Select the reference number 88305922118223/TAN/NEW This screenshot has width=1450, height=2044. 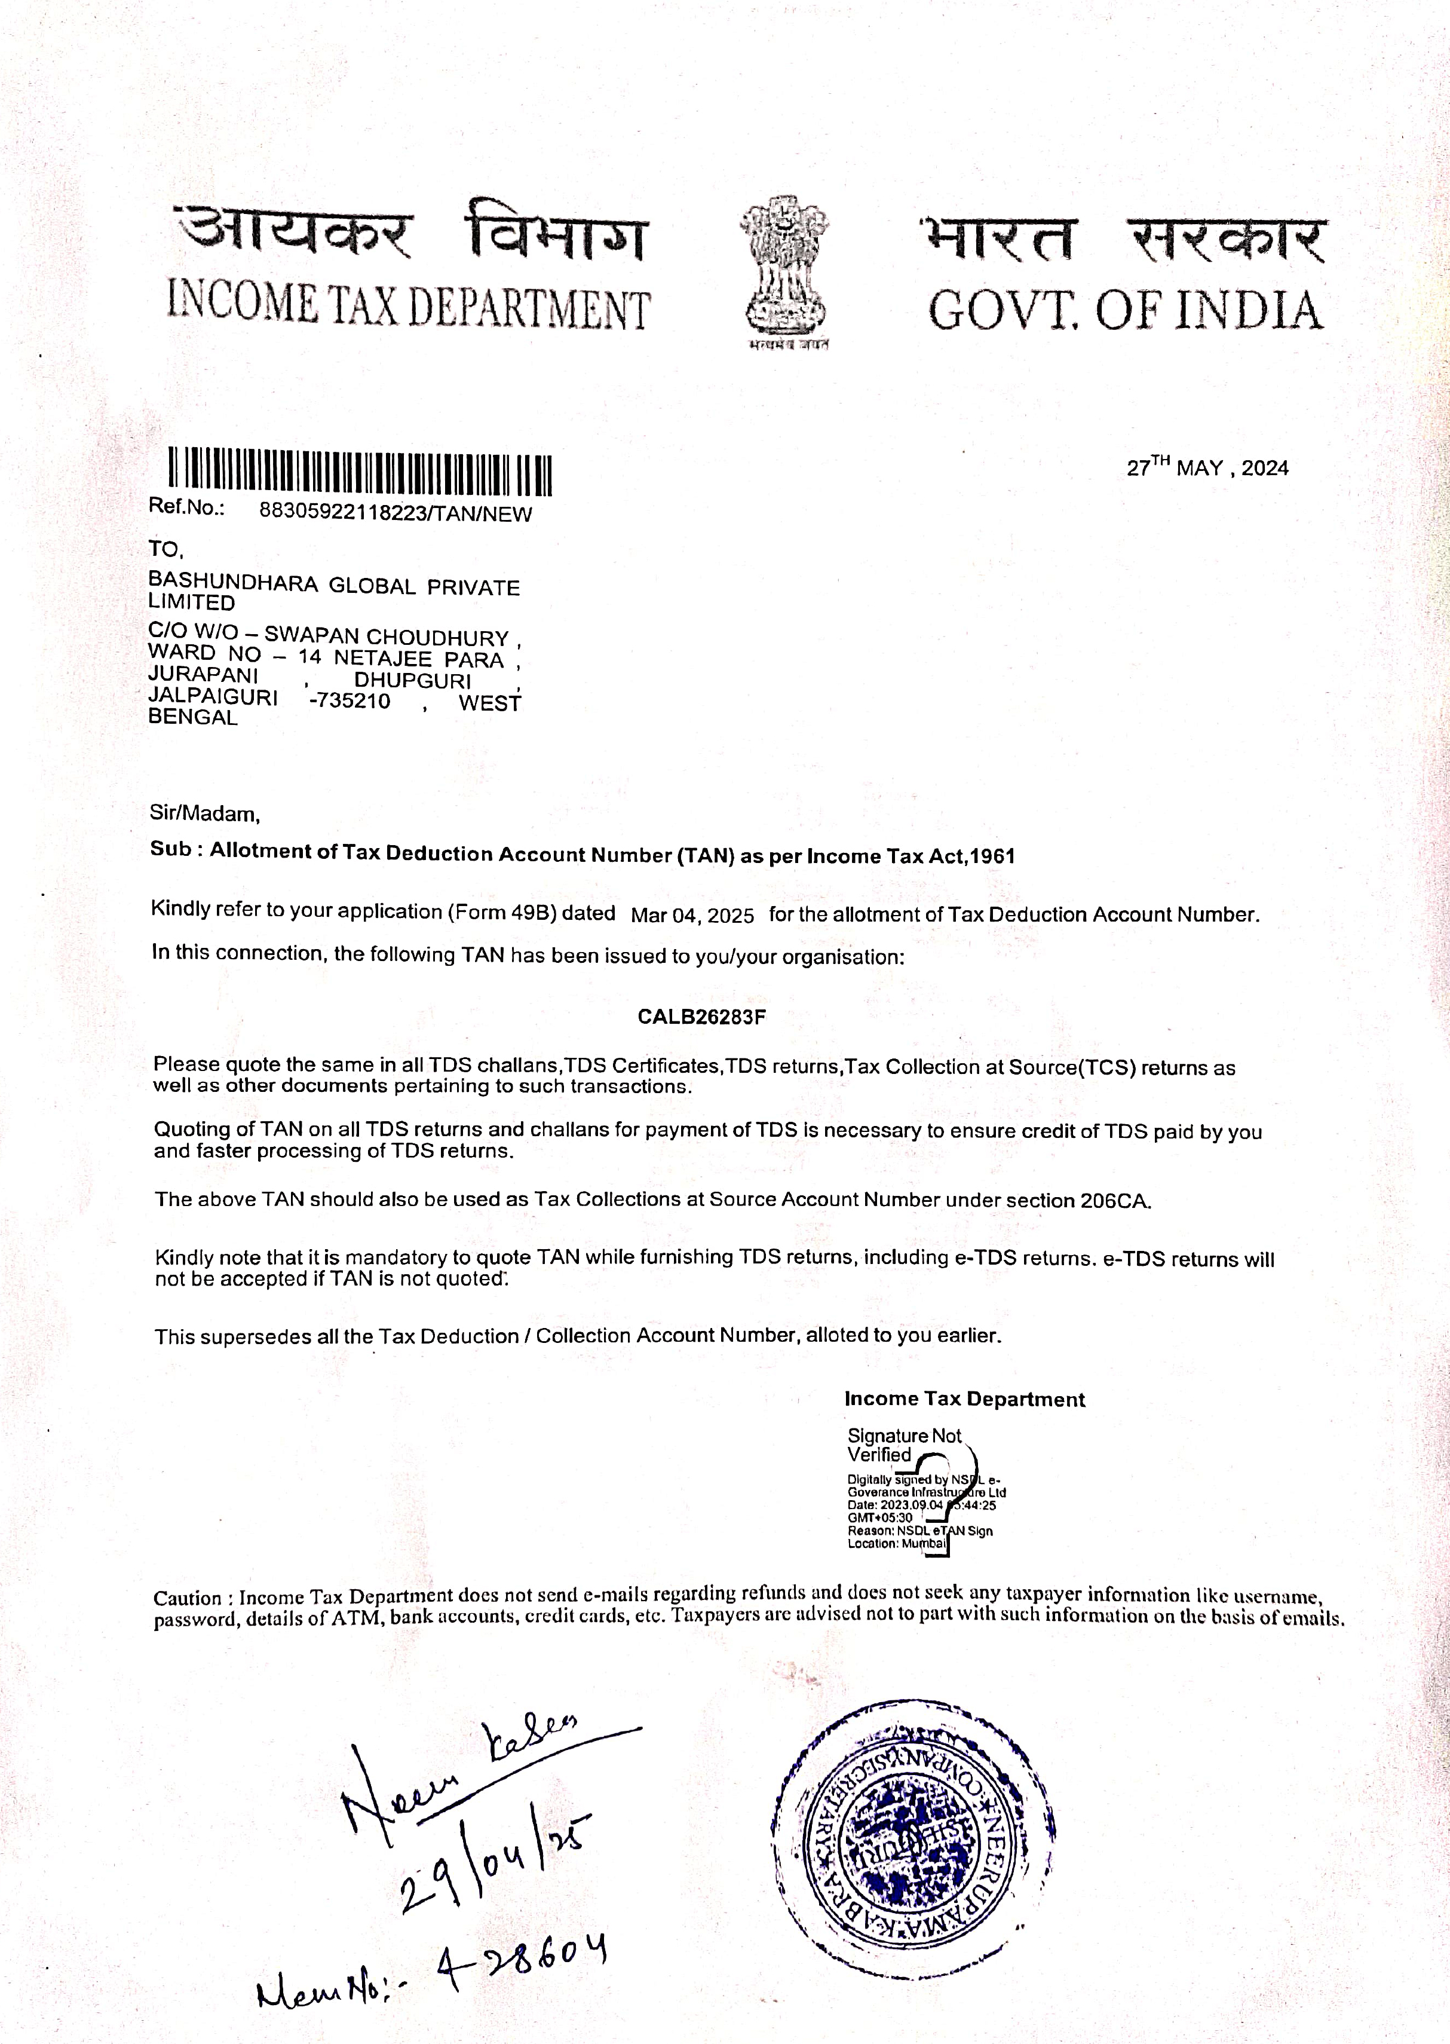tap(395, 513)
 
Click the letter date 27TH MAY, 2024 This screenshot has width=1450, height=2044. tap(1207, 467)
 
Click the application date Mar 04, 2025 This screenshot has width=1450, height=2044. tap(692, 915)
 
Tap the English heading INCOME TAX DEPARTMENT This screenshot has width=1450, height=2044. tap(408, 306)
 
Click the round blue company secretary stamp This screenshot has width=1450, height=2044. tap(913, 1835)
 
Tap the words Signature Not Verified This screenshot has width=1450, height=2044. tap(903, 1445)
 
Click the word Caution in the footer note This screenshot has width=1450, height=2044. tap(186, 1598)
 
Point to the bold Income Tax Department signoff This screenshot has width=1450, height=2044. tap(964, 1399)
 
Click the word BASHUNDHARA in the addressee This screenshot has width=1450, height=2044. tap(232, 584)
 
